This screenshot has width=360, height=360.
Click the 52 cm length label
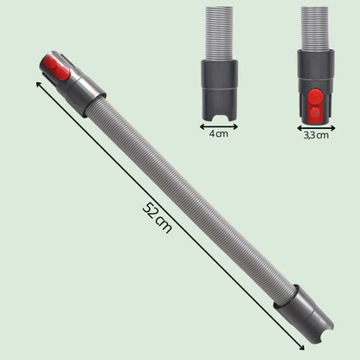[157, 218]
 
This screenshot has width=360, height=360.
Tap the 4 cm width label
[218, 134]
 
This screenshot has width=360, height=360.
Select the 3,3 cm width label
[316, 135]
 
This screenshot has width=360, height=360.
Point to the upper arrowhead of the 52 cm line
[38, 84]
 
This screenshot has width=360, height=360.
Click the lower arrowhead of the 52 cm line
[302, 347]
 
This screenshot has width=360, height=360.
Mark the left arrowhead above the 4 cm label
[202, 126]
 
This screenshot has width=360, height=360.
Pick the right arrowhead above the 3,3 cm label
[332, 128]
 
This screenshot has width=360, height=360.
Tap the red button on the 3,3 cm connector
[315, 104]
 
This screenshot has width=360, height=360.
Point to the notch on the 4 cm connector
[219, 118]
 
